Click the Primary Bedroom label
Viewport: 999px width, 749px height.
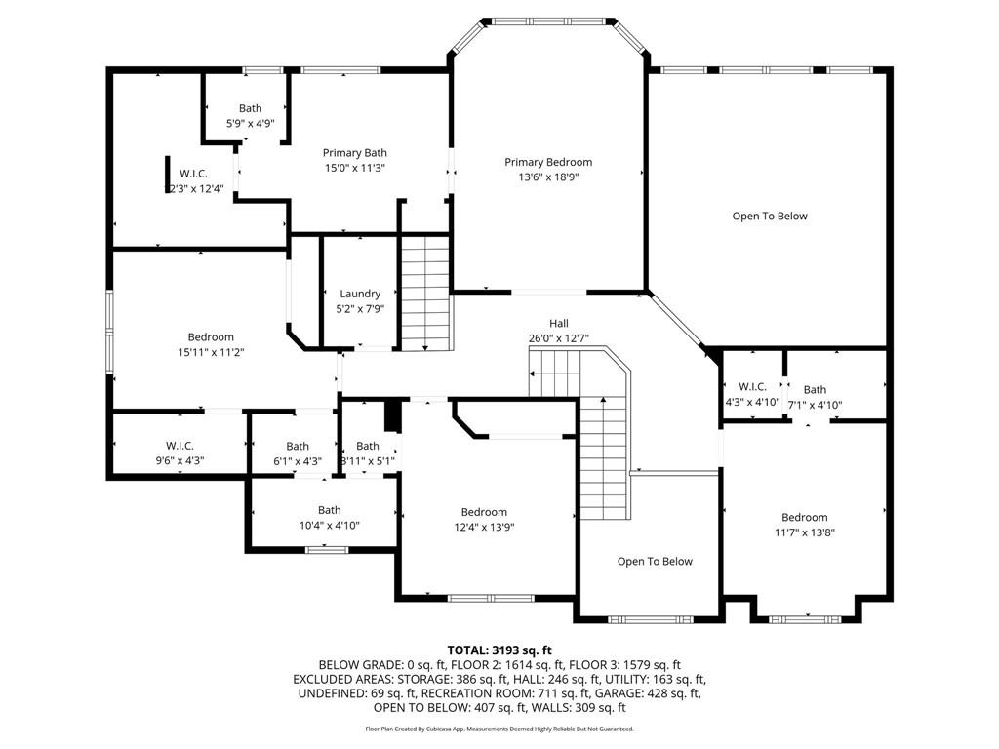(547, 162)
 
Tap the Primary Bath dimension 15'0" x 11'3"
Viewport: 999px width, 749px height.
(355, 167)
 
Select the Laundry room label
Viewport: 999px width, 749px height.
(360, 294)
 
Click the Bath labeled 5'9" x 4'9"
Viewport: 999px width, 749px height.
(250, 116)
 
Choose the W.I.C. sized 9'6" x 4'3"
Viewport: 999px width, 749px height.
(185, 453)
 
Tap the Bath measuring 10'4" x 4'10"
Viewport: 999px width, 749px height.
(329, 517)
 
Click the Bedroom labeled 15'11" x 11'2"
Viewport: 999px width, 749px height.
(210, 344)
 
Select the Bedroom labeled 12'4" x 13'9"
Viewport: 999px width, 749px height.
(484, 519)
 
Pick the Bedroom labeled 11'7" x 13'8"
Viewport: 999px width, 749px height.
(804, 525)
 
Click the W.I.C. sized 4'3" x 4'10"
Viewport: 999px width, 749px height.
(752, 394)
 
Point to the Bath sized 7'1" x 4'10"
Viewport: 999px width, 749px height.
(815, 397)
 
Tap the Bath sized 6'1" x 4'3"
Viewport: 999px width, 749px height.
(298, 453)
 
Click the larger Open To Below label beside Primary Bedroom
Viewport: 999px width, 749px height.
(770, 217)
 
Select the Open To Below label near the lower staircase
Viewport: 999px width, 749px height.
(655, 561)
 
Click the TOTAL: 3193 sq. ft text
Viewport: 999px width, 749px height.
(499, 650)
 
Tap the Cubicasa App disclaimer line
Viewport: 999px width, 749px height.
(499, 729)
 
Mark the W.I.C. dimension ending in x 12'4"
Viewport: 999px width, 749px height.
(202, 188)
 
